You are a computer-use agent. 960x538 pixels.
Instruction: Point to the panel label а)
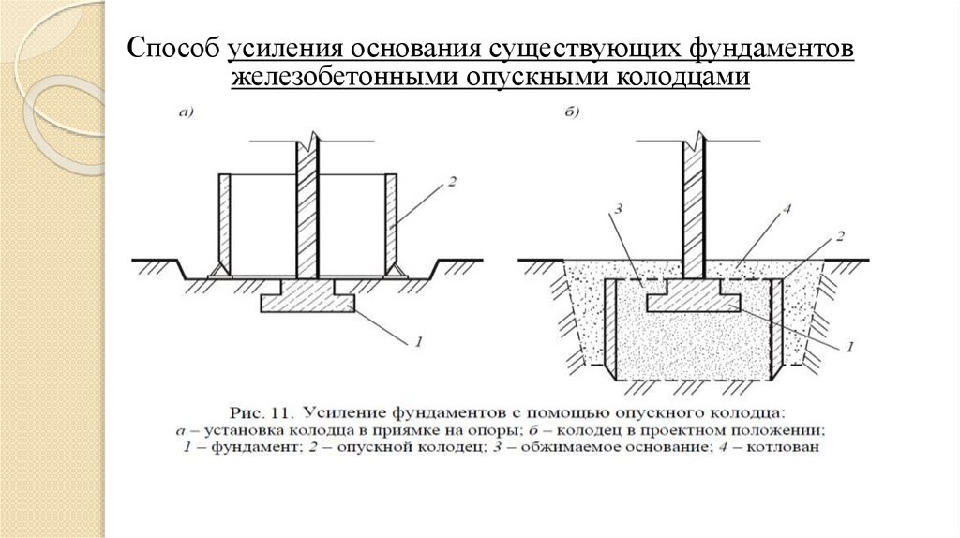click(186, 114)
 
